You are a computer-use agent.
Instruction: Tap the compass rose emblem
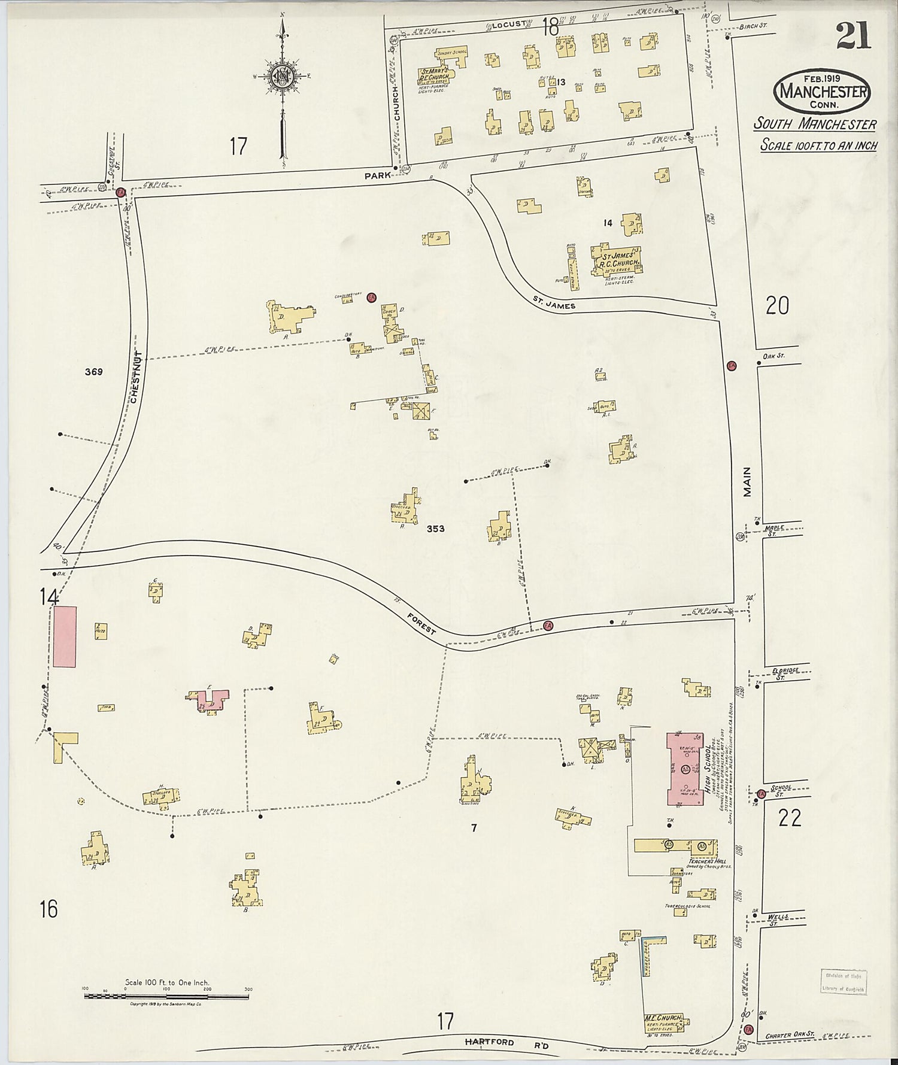281,76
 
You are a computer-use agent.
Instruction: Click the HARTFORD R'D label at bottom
490,1042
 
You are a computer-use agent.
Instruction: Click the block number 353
435,529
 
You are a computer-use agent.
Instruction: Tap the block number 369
93,372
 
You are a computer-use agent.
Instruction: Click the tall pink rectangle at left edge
65,636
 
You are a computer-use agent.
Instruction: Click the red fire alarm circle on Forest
547,626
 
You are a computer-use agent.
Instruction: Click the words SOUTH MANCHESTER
814,125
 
